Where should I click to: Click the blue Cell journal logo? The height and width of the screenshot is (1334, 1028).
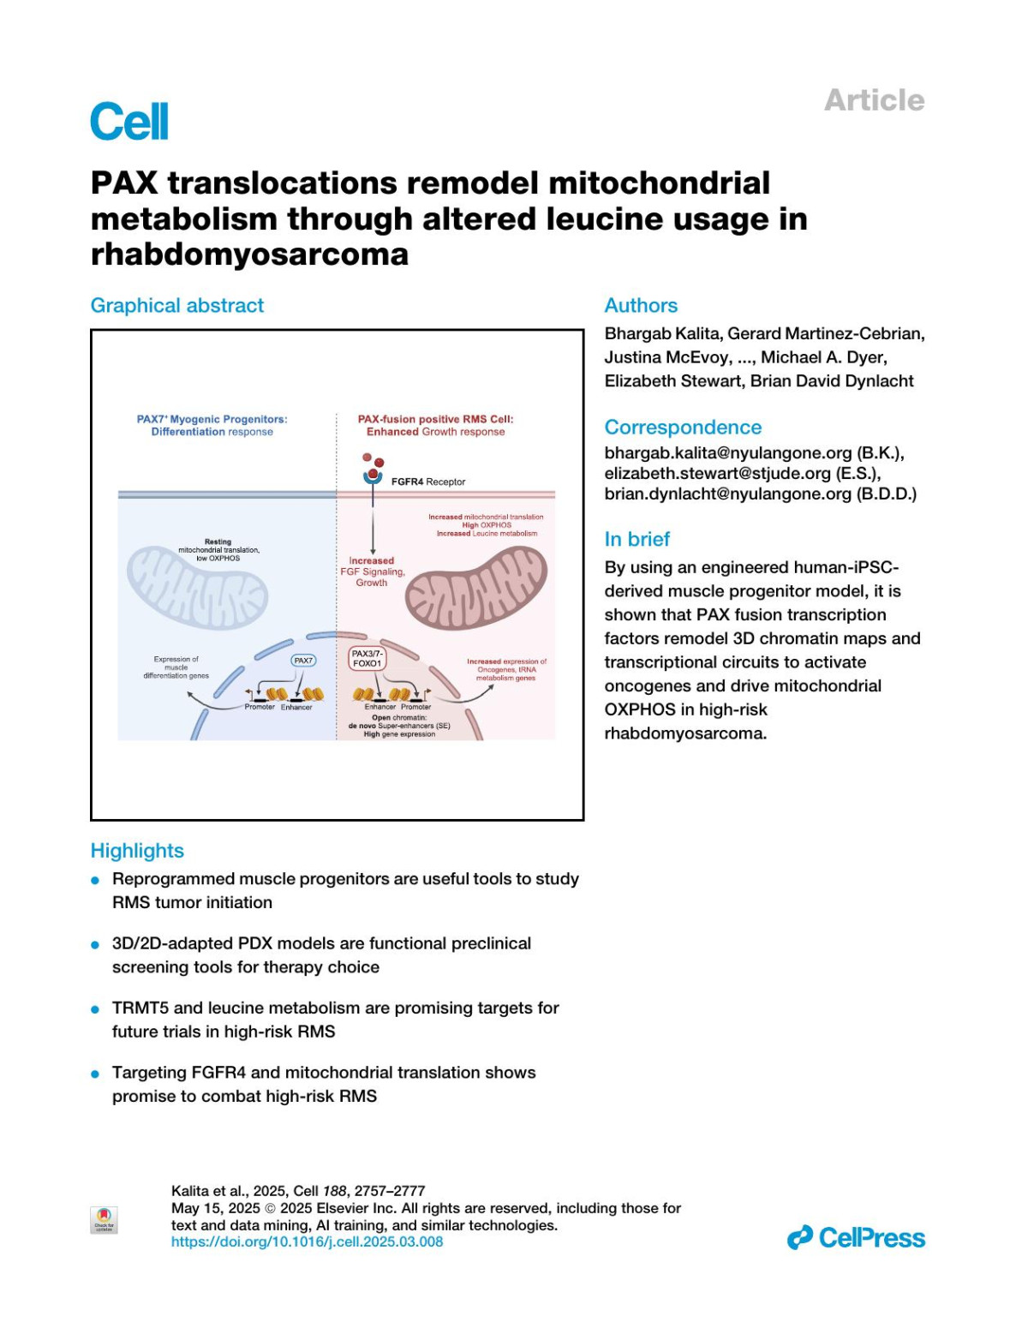tap(129, 122)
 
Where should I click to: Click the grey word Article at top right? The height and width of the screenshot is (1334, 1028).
tap(874, 100)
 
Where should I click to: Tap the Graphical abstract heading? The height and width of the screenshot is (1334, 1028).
tap(177, 306)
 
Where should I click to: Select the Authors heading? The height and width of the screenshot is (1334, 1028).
tap(641, 306)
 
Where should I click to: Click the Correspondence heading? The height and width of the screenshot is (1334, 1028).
tap(683, 428)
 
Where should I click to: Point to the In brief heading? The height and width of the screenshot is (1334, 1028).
tap(637, 539)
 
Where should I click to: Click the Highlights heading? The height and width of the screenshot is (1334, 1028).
tap(137, 851)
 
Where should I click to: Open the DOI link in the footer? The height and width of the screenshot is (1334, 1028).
tap(307, 1241)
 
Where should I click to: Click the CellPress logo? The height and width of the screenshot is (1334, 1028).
tap(856, 1238)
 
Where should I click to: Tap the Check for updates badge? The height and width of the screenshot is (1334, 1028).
tap(104, 1219)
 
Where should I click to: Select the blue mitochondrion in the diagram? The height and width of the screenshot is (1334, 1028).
tap(197, 589)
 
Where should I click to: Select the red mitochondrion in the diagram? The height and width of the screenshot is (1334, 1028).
tap(475, 589)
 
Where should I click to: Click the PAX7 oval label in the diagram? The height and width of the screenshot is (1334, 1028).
tap(303, 661)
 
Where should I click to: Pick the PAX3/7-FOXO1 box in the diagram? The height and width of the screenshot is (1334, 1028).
tap(367, 659)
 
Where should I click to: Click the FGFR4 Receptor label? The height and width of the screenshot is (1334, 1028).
tap(427, 482)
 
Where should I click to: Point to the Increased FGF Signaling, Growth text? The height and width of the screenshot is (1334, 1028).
tap(372, 571)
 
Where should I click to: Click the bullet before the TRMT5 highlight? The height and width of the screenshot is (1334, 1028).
tap(96, 1009)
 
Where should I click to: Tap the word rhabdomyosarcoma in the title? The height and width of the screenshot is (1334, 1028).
tap(249, 254)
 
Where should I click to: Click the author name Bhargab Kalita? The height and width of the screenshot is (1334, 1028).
tap(661, 333)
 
